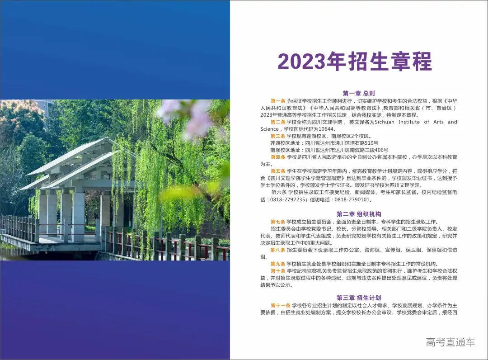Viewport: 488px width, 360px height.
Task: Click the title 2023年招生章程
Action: coord(355,62)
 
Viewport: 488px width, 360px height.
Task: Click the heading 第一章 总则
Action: coord(359,93)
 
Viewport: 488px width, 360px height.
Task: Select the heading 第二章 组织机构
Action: coord(359,214)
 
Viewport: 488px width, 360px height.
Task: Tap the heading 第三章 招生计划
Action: coord(359,298)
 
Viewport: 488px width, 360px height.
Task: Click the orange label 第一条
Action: coord(278,100)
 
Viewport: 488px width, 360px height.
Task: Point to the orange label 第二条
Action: coord(278,122)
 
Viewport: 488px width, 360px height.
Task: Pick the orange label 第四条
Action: coord(278,157)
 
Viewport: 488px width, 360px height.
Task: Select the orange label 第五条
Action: coord(278,171)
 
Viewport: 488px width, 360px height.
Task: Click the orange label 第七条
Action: coord(278,222)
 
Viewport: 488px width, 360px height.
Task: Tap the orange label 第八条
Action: coord(278,250)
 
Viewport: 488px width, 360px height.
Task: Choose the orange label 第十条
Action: coord(278,270)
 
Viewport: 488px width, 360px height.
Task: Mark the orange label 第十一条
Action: coord(280,305)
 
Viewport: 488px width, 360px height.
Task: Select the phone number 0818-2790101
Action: coord(350,199)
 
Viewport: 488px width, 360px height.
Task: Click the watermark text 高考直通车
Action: coord(450,342)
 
